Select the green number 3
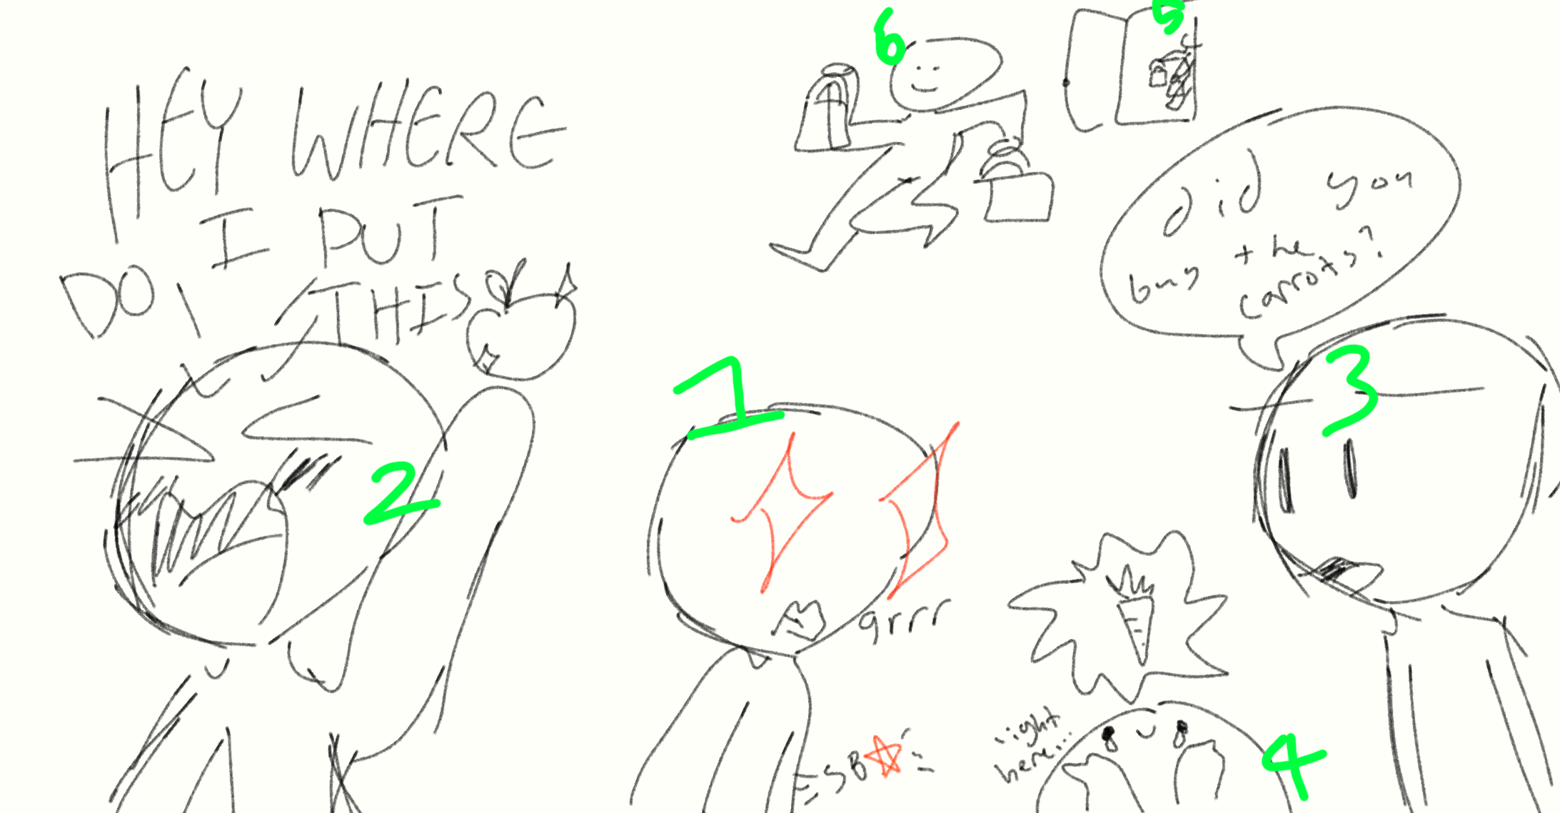[x=1349, y=389]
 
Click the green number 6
[x=890, y=37]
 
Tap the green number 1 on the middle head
[x=728, y=400]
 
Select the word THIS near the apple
[x=400, y=307]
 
